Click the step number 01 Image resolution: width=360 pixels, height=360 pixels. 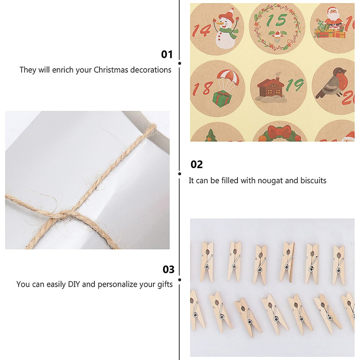[x=167, y=54]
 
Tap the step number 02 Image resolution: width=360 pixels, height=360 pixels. [x=197, y=165]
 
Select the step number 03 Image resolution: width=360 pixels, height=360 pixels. [x=168, y=269]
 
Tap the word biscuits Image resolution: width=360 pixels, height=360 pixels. [x=311, y=180]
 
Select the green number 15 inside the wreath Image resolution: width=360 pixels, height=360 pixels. [x=276, y=21]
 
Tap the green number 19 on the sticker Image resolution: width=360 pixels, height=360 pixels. [x=295, y=86]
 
